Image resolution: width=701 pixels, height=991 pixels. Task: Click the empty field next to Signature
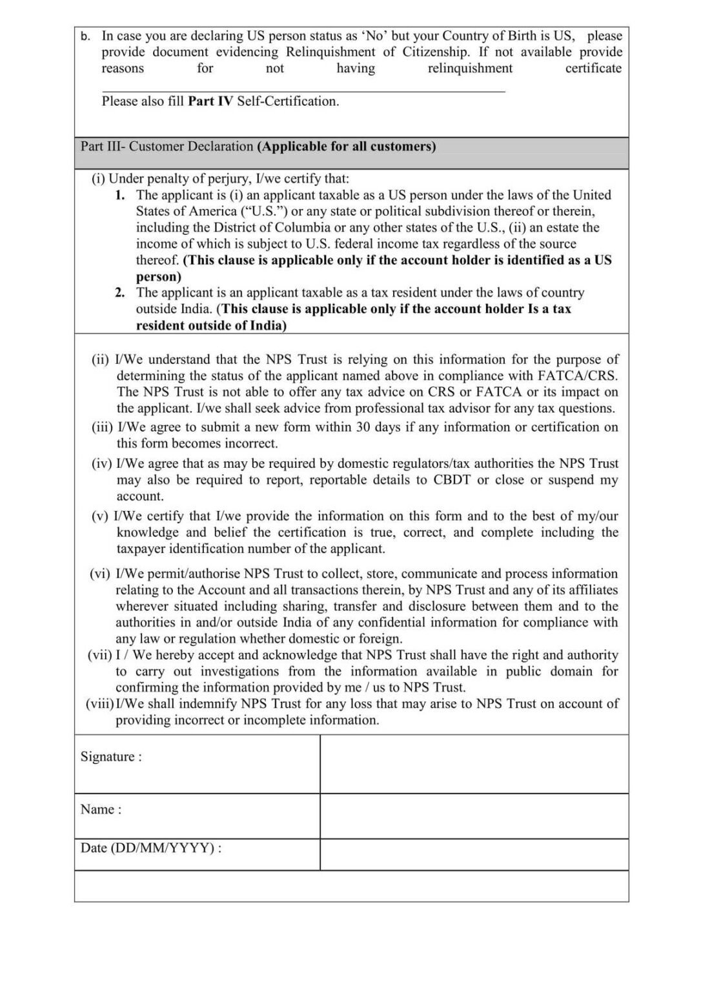point(474,764)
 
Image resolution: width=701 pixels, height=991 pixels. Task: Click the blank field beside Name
point(474,816)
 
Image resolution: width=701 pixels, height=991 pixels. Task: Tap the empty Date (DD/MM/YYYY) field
point(474,855)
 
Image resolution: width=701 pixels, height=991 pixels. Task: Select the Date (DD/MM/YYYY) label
point(150,848)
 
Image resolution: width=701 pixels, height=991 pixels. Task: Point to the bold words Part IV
point(210,101)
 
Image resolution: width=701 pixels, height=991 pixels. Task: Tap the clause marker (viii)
point(99,704)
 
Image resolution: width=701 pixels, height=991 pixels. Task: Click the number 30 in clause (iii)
point(363,427)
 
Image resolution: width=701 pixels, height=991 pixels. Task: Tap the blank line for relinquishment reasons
point(303,89)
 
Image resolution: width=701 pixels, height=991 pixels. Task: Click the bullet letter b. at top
point(85,37)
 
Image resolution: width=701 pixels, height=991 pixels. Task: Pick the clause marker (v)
point(100,516)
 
